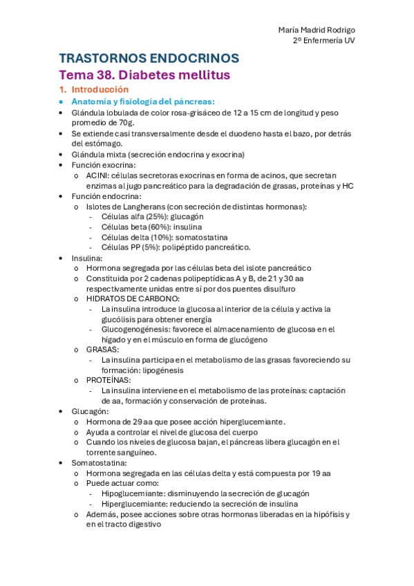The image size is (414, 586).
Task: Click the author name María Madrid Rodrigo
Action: pos(317,30)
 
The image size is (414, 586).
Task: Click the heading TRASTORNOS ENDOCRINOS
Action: pos(149,58)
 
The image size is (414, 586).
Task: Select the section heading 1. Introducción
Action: pos(94,90)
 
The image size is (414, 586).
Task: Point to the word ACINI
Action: pos(97,176)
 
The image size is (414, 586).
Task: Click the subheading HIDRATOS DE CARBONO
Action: pos(133,299)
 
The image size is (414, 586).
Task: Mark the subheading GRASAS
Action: pos(102,350)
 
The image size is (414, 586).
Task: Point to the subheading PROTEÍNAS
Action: pos(108,380)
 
